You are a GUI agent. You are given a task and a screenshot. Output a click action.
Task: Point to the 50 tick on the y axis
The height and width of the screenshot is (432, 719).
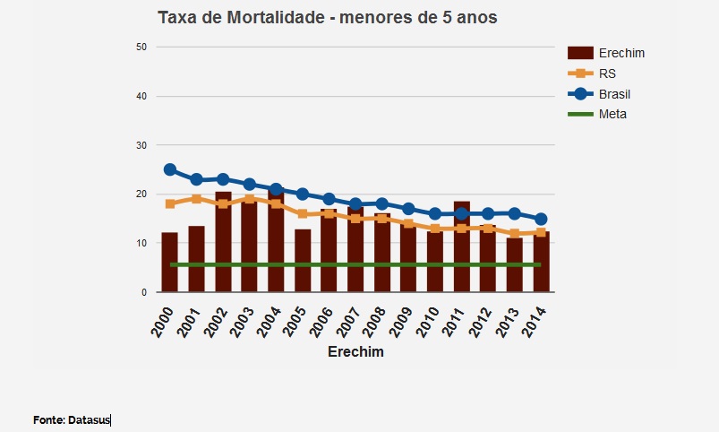141,47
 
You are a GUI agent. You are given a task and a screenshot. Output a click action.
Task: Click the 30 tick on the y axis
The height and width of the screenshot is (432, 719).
141,145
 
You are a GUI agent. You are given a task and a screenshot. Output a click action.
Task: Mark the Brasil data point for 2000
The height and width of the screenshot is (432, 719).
169,169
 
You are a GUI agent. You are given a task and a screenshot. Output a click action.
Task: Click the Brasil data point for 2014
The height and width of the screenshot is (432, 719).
541,219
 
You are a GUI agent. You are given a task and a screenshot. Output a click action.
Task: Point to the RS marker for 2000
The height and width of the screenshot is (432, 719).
169,203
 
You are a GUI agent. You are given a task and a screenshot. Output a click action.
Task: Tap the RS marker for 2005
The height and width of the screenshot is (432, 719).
303,213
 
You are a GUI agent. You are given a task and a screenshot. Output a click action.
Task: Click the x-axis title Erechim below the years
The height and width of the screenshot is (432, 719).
355,351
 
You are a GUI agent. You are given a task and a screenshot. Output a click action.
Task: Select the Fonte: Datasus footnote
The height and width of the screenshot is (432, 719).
72,419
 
